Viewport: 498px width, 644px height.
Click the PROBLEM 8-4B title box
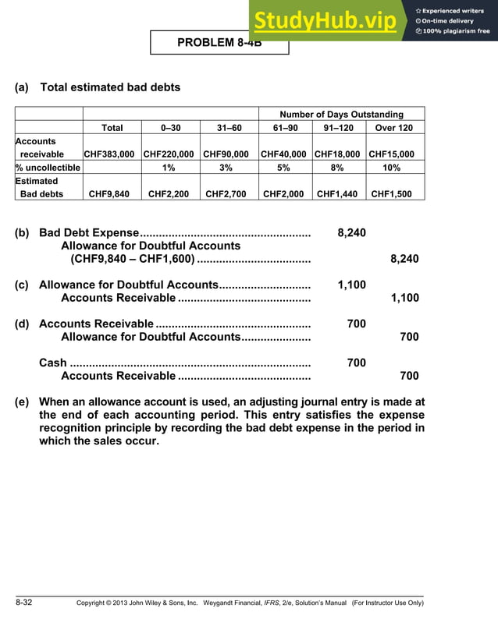[219, 43]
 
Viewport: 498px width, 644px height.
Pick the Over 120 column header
[394, 128]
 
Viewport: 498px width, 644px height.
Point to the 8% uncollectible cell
[338, 168]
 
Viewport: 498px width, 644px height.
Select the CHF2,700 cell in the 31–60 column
[228, 194]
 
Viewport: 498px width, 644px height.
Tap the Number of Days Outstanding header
[341, 115]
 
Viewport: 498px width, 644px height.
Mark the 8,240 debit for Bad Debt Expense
[351, 232]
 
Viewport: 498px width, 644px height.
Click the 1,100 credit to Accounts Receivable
[404, 298]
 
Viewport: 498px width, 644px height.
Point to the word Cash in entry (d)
[52, 363]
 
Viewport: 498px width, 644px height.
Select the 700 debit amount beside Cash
[356, 363]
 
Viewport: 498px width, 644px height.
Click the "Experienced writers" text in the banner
[454, 11]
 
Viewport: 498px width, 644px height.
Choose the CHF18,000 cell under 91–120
[338, 154]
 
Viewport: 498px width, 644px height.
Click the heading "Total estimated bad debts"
[109, 87]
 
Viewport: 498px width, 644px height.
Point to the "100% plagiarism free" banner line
[454, 31]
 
